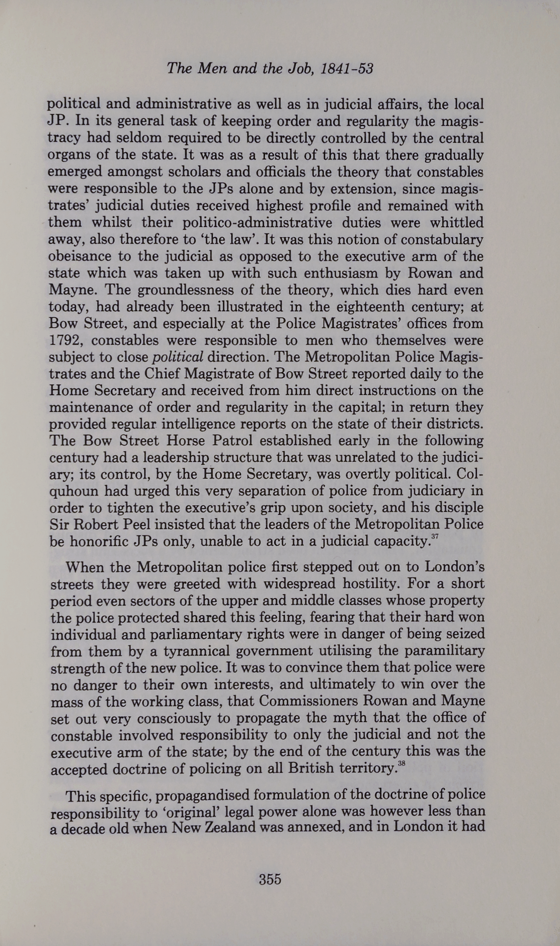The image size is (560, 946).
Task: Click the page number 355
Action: point(270,879)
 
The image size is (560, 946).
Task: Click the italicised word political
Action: point(178,357)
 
